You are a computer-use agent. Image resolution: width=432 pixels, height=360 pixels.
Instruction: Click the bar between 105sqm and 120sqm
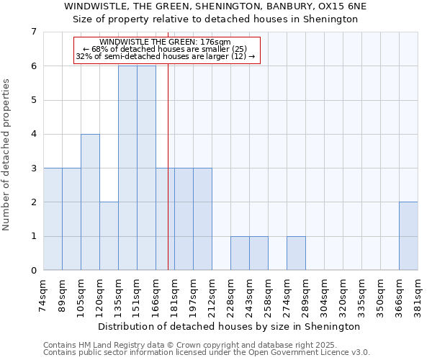pyautogui.click(x=90, y=202)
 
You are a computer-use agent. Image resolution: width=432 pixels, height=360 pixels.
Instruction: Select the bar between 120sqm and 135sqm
pyautogui.click(x=109, y=236)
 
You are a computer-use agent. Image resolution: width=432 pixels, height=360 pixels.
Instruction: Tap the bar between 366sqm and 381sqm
pyautogui.click(x=408, y=236)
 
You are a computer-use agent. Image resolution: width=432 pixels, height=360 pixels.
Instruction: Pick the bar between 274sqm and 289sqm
pyautogui.click(x=296, y=253)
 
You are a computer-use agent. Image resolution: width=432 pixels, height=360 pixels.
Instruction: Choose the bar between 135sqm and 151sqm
pyautogui.click(x=127, y=168)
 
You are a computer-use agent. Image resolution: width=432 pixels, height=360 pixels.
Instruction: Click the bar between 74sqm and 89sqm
pyautogui.click(x=53, y=219)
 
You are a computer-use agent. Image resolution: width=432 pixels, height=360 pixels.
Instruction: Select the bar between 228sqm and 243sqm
pyautogui.click(x=240, y=253)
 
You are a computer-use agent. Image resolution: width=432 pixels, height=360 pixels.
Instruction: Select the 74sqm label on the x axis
pyautogui.click(x=44, y=295)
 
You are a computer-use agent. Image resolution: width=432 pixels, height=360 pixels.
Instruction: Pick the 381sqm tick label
pyautogui.click(x=418, y=295)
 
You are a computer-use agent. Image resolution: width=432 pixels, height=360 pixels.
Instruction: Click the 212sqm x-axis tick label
pyautogui.click(x=212, y=295)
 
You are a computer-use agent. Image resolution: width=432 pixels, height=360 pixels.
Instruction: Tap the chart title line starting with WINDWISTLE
pyautogui.click(x=215, y=6)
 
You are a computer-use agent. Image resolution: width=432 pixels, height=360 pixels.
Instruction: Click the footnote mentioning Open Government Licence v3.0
pyautogui.click(x=207, y=353)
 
